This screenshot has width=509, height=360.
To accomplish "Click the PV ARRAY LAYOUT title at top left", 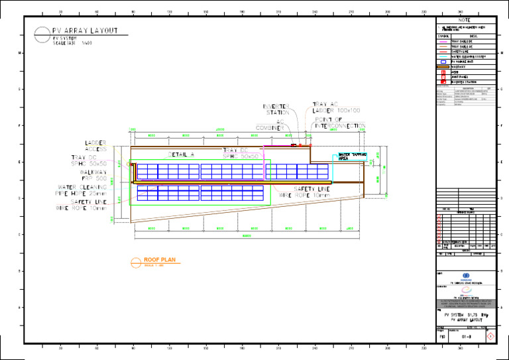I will pyautogui.click(x=85, y=30).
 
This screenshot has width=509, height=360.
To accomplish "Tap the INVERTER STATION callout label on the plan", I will pyautogui.click(x=276, y=109).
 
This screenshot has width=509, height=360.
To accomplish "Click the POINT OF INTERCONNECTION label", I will pyautogui.click(x=339, y=122).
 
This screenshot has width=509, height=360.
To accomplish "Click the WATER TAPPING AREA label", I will pyautogui.click(x=352, y=156).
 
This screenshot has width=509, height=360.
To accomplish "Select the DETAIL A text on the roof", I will pyautogui.click(x=181, y=154).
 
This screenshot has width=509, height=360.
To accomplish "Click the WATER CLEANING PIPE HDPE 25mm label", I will pyautogui.click(x=82, y=190).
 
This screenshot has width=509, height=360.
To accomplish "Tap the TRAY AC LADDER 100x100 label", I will pyautogui.click(x=336, y=107).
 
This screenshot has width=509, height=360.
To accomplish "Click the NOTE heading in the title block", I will pyautogui.click(x=464, y=21).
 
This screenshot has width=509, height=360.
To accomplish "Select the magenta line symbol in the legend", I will pyautogui.click(x=443, y=41).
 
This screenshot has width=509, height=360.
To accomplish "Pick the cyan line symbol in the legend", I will pyautogui.click(x=443, y=56).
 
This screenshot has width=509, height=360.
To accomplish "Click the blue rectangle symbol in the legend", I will pyautogui.click(x=443, y=62).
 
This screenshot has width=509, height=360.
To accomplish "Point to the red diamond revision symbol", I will pyautogui.click(x=489, y=337).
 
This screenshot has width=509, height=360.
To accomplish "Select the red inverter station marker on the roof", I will pyautogui.click(x=294, y=145).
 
